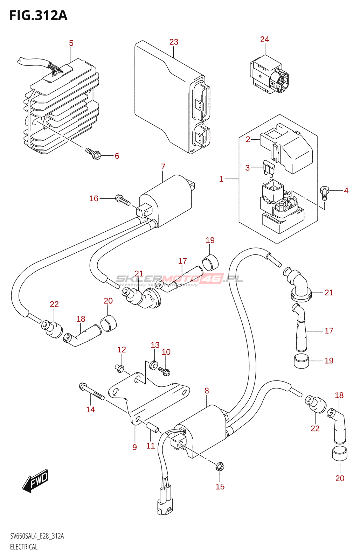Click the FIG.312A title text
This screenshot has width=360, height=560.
[x=38, y=16]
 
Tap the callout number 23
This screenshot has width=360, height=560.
[x=174, y=42]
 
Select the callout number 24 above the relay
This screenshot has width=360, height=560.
[x=264, y=40]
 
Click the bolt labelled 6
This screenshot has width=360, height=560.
[x=93, y=153]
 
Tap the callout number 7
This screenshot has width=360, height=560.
[x=163, y=167]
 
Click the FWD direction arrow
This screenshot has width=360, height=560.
[x=35, y=480]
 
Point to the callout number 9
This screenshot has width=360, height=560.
[x=134, y=447]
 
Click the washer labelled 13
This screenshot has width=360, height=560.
[x=153, y=365]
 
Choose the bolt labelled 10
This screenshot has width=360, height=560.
[x=164, y=371]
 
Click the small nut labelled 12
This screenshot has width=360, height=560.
[x=120, y=368]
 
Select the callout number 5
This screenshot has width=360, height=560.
[x=71, y=43]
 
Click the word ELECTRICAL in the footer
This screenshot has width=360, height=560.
[x=24, y=547]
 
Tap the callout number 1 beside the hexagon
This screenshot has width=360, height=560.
[x=221, y=179]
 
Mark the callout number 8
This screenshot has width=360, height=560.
[x=207, y=391]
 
